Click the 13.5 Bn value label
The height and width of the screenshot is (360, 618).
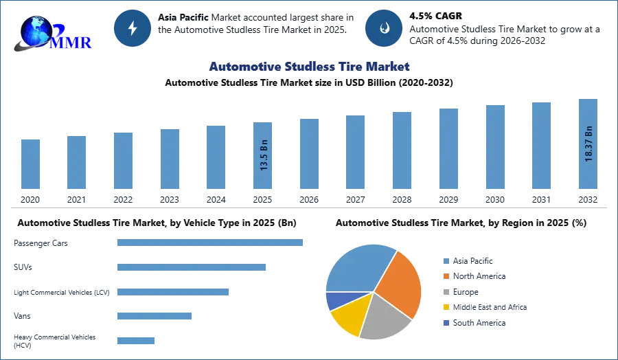pos(264,157)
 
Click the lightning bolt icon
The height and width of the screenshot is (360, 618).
pos(133,28)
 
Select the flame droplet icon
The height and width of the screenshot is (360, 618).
pos(384,28)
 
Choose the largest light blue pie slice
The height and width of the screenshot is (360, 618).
pos(357,268)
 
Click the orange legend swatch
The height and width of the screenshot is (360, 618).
pos(445,276)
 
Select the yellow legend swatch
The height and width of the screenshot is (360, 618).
pos(445,308)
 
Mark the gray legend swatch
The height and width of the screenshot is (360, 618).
pos(445,292)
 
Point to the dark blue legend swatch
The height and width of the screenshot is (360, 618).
pos(445,323)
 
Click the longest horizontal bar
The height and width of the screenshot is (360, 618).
pos(211,242)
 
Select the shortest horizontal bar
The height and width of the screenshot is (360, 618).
pos(137,340)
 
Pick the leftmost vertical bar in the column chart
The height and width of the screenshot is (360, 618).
pos(30,165)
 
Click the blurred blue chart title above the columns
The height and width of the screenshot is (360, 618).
pos(310,67)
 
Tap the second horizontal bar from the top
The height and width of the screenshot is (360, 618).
pos(192,268)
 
